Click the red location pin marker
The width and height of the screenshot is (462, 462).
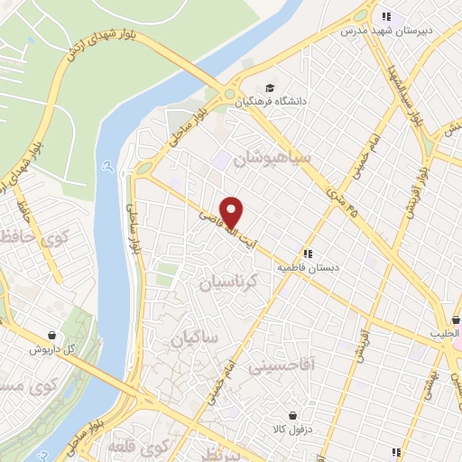click(x=233, y=213)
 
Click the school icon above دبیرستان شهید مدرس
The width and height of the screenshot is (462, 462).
click(x=386, y=16)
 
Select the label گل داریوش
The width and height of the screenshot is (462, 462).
click(x=55, y=349)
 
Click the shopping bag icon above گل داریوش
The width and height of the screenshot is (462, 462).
click(x=55, y=334)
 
